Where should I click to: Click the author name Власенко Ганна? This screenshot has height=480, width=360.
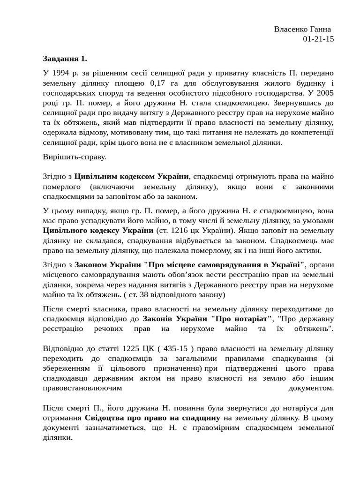pos(302,29)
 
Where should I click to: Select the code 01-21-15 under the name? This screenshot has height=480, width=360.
pos(318,39)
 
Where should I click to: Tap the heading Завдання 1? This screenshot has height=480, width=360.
pos(65,59)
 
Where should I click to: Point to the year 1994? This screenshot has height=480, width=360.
pos(60,73)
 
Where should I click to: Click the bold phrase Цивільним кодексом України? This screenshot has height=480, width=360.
pos(131,177)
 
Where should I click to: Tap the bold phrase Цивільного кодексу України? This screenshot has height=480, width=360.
pos(98,231)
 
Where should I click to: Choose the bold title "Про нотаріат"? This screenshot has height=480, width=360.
pos(241,319)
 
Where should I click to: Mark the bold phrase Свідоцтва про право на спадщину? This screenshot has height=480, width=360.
pos(152,418)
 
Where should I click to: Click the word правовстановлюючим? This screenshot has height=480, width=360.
pos(82,388)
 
